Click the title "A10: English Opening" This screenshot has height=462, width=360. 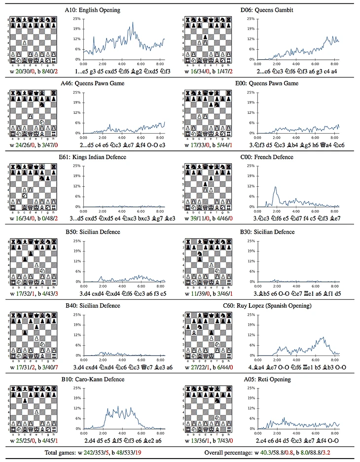pos(92,9)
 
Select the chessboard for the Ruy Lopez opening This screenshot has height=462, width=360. pos(208,336)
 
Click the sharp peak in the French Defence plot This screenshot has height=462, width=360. pos(275,187)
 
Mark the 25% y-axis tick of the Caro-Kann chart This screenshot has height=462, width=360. pos(77,388)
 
